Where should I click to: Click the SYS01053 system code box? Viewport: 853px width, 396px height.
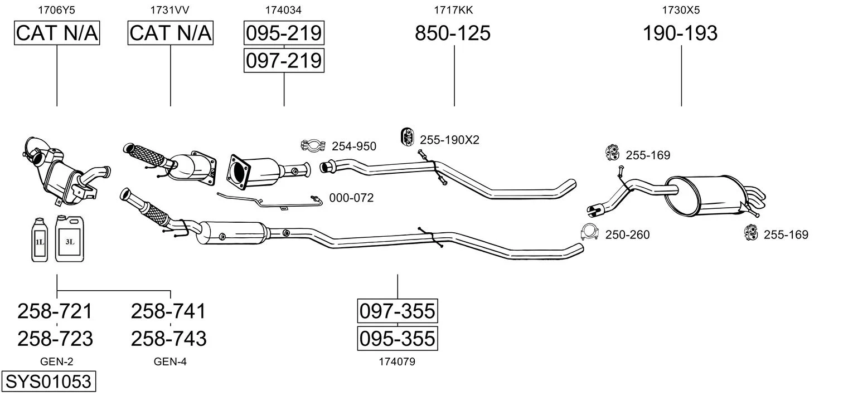(x=49, y=381)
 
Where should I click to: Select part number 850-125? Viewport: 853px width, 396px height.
(x=452, y=33)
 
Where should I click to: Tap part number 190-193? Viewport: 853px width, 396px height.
(x=680, y=33)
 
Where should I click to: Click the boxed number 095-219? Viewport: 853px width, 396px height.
(x=284, y=33)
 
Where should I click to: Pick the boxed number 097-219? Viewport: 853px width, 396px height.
(x=284, y=61)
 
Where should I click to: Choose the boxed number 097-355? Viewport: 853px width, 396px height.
(x=397, y=311)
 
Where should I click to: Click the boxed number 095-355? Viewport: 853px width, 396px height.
(x=397, y=338)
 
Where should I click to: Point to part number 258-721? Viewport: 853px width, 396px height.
(x=55, y=311)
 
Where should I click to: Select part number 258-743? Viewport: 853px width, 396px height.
(x=169, y=339)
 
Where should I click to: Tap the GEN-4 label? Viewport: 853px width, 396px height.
(x=170, y=361)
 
